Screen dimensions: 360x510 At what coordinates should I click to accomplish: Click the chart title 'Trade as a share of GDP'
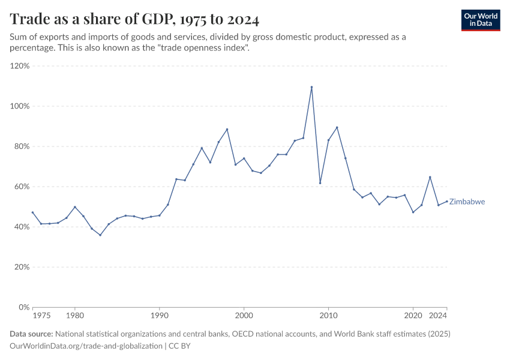click(x=135, y=20)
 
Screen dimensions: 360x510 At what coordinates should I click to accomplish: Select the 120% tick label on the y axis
click(x=20, y=66)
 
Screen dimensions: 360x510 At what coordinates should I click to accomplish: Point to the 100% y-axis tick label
click(x=20, y=106)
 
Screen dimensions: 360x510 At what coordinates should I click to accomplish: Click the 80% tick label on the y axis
click(x=22, y=146)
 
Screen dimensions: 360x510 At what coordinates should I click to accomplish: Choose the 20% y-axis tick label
click(x=22, y=267)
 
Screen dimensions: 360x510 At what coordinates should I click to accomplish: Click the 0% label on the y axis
click(x=24, y=307)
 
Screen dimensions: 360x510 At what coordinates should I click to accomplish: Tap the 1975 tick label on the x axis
click(x=41, y=316)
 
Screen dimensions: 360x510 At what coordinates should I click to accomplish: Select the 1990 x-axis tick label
click(x=159, y=316)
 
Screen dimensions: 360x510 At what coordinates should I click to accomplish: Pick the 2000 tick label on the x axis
click(x=244, y=316)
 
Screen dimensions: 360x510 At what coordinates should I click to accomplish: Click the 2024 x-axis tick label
click(x=438, y=316)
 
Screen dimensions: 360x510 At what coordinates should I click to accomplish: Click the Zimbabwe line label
click(x=467, y=202)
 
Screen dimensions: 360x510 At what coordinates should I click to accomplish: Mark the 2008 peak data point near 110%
click(x=311, y=87)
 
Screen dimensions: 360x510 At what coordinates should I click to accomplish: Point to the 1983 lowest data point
click(x=100, y=235)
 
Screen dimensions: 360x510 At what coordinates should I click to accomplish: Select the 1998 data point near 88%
click(x=227, y=130)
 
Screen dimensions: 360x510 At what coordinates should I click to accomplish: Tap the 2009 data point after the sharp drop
click(x=320, y=183)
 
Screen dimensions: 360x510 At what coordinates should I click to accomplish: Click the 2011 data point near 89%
click(x=337, y=127)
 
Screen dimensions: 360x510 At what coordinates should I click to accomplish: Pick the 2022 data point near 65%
click(x=430, y=177)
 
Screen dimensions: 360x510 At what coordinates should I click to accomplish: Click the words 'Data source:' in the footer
click(x=31, y=334)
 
